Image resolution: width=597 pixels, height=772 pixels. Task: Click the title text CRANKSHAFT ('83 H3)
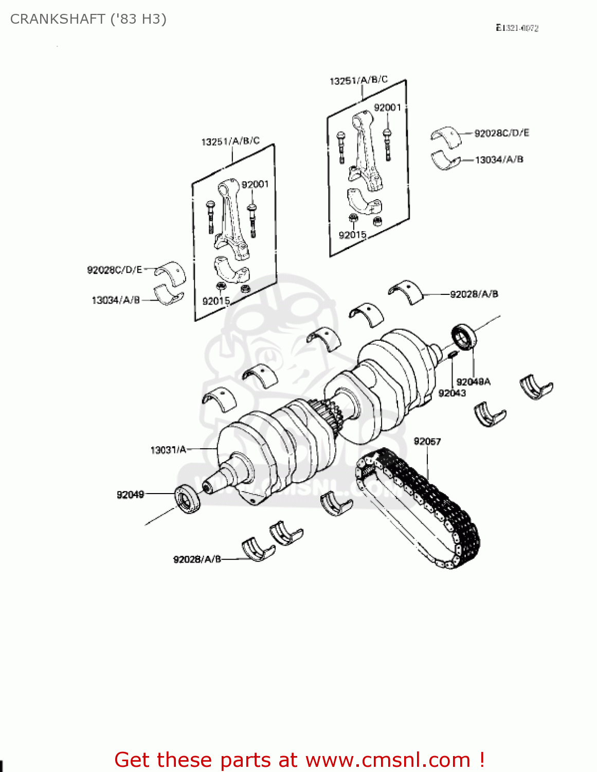click(88, 19)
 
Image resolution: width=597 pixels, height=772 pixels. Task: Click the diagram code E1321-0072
click(517, 28)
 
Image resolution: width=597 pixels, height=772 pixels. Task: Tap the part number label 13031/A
click(168, 450)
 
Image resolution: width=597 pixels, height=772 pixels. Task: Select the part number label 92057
click(427, 441)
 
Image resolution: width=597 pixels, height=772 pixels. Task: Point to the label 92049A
click(473, 381)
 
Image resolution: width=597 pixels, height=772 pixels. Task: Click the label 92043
click(452, 393)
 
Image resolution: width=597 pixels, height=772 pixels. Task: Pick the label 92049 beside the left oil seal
click(130, 495)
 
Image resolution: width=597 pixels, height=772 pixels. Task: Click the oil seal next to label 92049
click(188, 498)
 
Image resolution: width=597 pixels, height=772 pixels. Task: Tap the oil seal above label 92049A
click(464, 337)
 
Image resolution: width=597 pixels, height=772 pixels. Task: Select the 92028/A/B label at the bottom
click(197, 559)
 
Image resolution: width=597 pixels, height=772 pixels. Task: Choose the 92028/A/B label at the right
click(474, 294)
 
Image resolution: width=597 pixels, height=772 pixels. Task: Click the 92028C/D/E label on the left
click(114, 270)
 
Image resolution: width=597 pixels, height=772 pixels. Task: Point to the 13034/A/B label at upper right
click(499, 160)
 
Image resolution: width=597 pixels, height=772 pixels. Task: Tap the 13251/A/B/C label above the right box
click(358, 80)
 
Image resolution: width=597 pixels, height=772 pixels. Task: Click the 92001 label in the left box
click(255, 184)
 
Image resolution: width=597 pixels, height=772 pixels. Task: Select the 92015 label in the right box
click(352, 235)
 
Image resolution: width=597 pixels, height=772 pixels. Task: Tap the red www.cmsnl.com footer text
click(299, 760)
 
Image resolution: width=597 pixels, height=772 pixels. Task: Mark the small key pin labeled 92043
click(452, 354)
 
